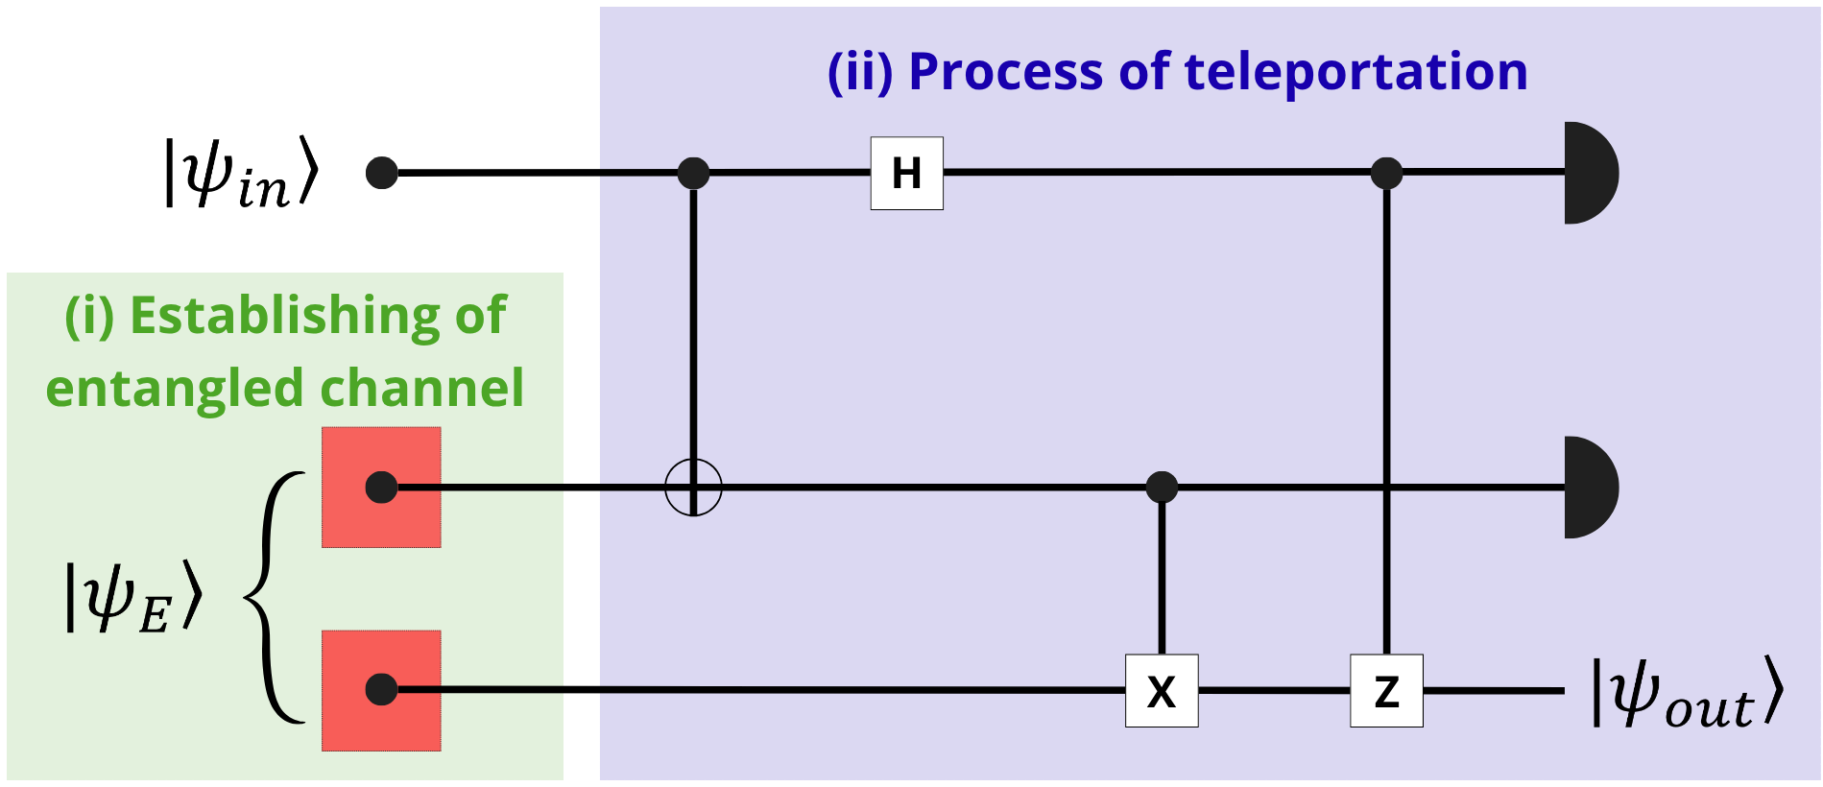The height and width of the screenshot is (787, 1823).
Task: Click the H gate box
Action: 906,174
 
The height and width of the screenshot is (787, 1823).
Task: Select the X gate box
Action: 1162,691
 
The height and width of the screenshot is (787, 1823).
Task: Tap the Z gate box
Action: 1386,691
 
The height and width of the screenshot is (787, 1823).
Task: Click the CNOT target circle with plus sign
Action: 693,488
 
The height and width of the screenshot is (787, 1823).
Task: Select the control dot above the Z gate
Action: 1386,174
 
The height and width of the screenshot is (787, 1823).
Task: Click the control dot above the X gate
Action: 1162,488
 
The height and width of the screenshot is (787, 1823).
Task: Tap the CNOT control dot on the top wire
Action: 693,174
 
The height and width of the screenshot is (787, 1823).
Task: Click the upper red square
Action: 381,488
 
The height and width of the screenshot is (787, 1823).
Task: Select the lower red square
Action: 381,691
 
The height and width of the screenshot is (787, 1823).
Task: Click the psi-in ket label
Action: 240,173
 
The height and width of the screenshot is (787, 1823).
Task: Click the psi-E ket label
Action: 133,597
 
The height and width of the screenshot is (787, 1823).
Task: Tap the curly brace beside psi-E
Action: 274,597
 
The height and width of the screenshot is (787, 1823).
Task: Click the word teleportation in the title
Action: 1355,72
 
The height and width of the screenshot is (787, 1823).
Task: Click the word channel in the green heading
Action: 421,388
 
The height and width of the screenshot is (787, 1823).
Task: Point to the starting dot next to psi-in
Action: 382,174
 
